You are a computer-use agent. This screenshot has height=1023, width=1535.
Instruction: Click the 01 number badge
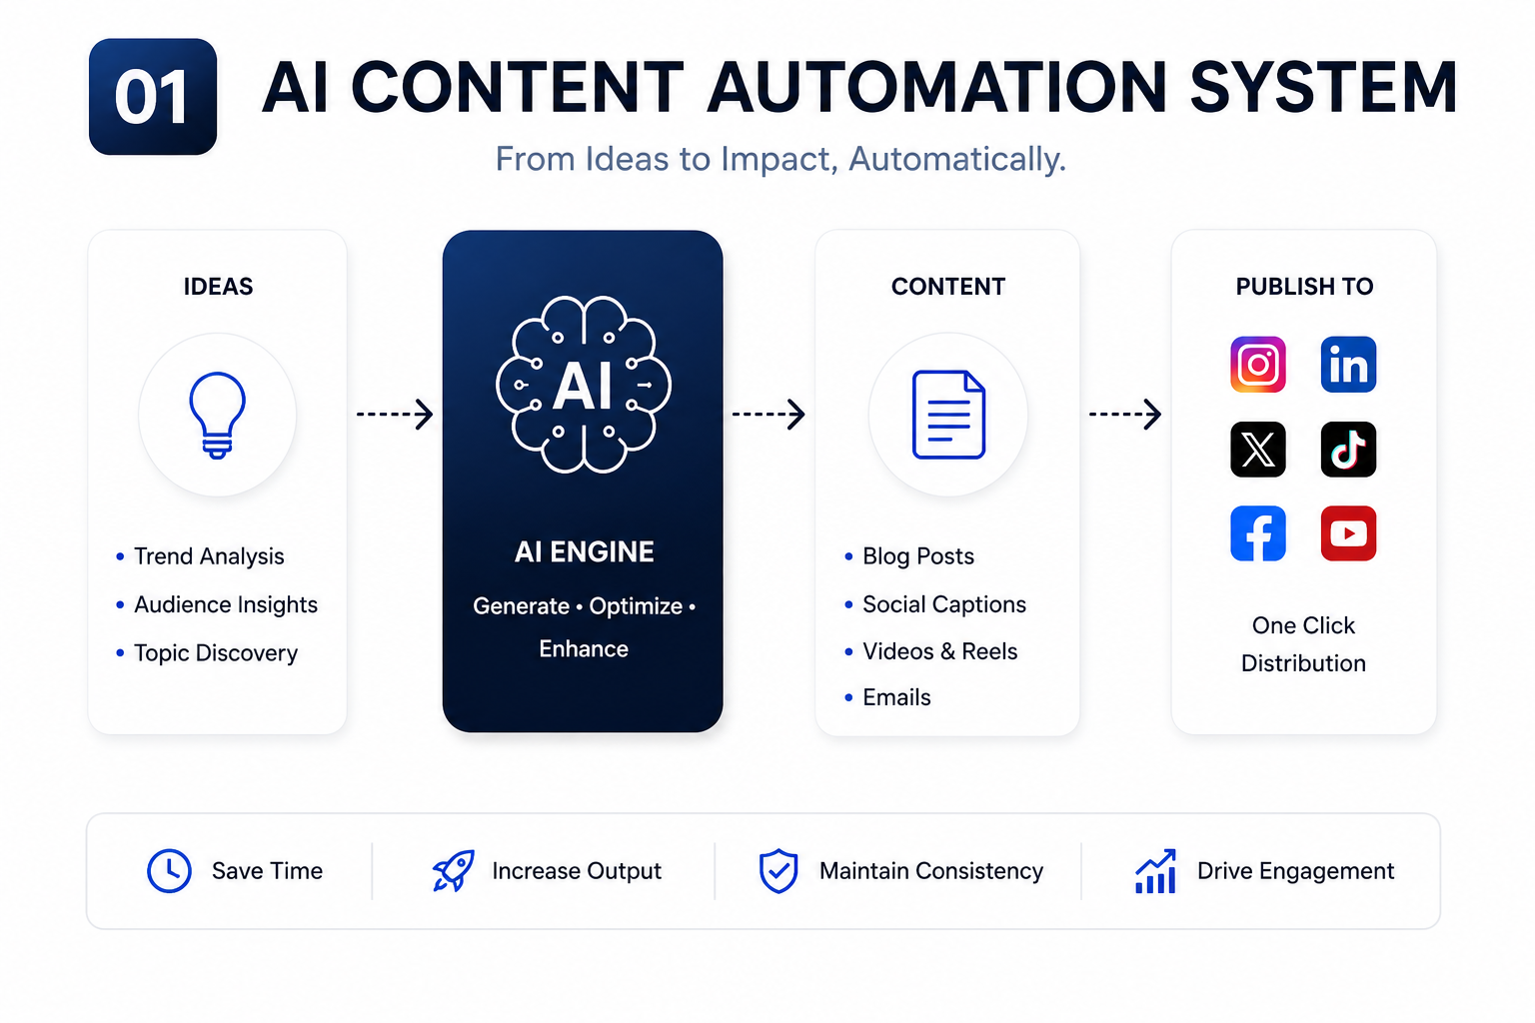click(x=153, y=97)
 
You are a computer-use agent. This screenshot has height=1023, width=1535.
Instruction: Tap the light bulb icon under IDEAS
click(x=217, y=416)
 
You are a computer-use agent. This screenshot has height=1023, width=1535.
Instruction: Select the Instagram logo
click(x=1258, y=365)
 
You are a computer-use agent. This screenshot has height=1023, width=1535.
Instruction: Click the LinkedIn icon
click(x=1348, y=365)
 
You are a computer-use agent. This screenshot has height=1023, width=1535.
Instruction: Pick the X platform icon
click(x=1258, y=450)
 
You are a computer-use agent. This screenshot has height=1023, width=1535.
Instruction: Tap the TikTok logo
click(x=1348, y=450)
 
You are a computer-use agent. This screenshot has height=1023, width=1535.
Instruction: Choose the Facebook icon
click(x=1258, y=533)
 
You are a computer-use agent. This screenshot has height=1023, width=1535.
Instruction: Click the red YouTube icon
click(x=1348, y=533)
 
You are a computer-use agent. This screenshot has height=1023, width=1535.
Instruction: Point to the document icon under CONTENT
click(x=948, y=415)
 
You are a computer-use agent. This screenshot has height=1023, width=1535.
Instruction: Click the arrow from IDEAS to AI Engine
click(x=395, y=414)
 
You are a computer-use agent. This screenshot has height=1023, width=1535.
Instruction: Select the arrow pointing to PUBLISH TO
click(x=1125, y=414)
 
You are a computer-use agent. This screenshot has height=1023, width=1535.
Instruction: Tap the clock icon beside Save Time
click(x=169, y=871)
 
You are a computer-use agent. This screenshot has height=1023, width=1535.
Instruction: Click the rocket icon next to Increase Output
click(x=453, y=871)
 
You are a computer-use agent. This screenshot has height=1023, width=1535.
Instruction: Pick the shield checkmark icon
click(x=778, y=871)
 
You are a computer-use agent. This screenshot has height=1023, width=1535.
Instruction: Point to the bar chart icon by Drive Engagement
click(x=1155, y=871)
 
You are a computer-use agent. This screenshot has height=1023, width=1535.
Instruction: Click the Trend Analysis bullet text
click(x=209, y=556)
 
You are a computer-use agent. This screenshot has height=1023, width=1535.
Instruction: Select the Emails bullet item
click(x=896, y=697)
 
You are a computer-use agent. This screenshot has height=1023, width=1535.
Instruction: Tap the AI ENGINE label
click(x=584, y=552)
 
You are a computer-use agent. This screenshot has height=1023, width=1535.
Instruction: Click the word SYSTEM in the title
click(x=1323, y=88)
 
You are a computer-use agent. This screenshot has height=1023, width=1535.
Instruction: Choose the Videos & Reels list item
click(x=939, y=651)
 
